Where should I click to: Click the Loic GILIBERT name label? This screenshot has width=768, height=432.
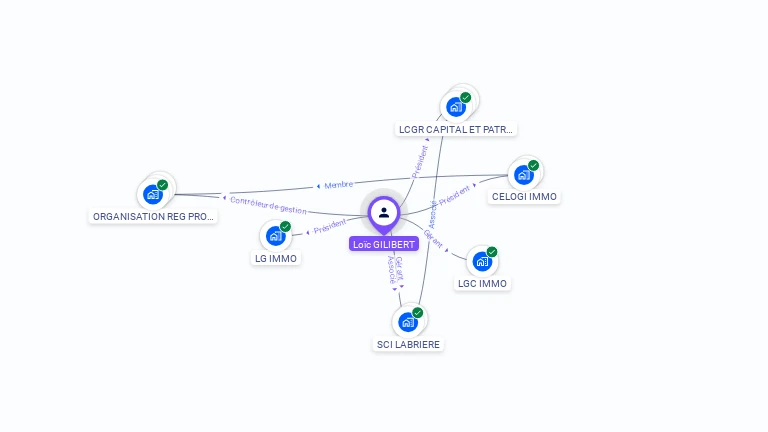(x=384, y=244)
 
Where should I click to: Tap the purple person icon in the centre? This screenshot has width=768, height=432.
(x=384, y=212)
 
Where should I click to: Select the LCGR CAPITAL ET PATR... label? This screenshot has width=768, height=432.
(x=456, y=130)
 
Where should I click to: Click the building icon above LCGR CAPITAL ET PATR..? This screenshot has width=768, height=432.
(x=456, y=107)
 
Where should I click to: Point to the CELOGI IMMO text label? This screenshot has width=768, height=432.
(x=524, y=197)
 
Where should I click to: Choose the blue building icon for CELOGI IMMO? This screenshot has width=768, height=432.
(x=523, y=175)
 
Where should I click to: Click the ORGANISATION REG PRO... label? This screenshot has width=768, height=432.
(x=153, y=216)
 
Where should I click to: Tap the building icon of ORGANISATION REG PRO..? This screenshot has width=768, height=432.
(x=153, y=194)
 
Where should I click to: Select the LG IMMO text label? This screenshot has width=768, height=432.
(x=275, y=258)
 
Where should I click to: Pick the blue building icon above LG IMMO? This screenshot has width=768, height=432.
(x=275, y=237)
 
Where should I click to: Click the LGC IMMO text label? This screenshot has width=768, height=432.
(x=482, y=283)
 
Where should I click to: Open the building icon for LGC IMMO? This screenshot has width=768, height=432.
(x=482, y=262)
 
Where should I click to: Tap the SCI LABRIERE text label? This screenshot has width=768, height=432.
(x=407, y=344)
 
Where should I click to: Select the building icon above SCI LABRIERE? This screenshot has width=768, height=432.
(x=407, y=322)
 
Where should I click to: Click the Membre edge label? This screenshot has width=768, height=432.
(x=338, y=185)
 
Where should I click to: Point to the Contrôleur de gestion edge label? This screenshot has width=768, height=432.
(x=268, y=204)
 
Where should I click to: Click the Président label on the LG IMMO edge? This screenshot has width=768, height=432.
(x=330, y=227)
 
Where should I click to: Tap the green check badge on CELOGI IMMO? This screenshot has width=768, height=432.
(x=534, y=165)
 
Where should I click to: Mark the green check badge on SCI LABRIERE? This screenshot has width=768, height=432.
(x=418, y=312)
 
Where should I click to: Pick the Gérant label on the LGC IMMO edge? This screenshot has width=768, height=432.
(x=433, y=239)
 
